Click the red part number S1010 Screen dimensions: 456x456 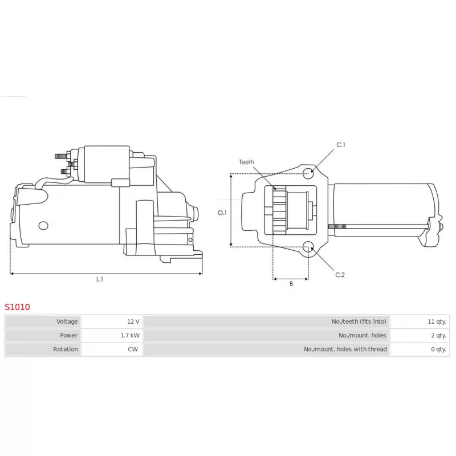[x=17, y=307]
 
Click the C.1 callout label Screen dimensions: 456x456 [x=341, y=145]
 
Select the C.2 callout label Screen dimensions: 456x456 [x=340, y=275]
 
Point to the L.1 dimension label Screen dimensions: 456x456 [x=99, y=279]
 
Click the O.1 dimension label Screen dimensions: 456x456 [x=222, y=213]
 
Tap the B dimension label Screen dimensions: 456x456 [x=291, y=284]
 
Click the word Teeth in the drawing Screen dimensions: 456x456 [x=246, y=162]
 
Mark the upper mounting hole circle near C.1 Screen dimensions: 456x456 [x=308, y=172]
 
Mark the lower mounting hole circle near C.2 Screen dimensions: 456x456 [x=308, y=247]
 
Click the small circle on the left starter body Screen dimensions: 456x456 [x=43, y=226]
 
